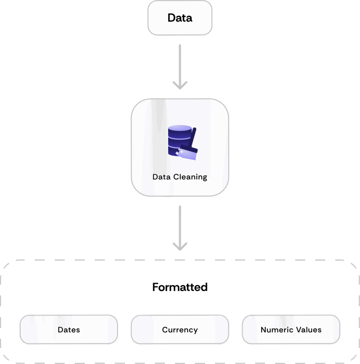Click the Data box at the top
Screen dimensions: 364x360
(180, 18)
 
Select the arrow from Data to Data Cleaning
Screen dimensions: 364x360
(180, 66)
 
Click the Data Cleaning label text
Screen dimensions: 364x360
(180, 177)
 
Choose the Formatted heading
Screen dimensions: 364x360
(180, 287)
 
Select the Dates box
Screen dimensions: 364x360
(69, 330)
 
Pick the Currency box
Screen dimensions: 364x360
(180, 330)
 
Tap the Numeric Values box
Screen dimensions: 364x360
(291, 330)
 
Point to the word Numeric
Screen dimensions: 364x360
(275, 330)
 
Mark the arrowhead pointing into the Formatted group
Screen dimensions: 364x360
(180, 247)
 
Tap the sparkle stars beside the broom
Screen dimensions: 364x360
(178, 152)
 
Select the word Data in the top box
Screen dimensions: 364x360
(180, 18)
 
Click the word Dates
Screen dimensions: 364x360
(69, 330)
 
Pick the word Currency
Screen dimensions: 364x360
(180, 330)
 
